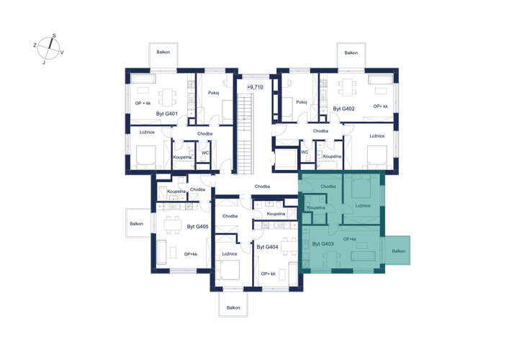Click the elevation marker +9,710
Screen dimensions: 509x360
tap(255, 87)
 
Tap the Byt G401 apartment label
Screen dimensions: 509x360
tap(167, 114)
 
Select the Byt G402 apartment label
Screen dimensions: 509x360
tap(343, 109)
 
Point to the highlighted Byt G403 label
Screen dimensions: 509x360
tap(323, 244)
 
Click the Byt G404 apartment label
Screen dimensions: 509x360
tap(268, 247)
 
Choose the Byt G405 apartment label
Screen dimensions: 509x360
tap(198, 227)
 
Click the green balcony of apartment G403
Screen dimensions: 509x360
tap(397, 251)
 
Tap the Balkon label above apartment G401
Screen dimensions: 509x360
tap(163, 52)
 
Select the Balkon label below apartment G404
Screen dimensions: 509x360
tap(233, 307)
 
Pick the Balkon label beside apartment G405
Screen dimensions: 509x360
tap(137, 224)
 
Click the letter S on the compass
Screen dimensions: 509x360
tap(54, 35)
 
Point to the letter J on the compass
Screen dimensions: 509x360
tap(44, 63)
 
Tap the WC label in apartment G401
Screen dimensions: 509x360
tap(205, 153)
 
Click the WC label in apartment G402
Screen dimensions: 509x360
tap(305, 152)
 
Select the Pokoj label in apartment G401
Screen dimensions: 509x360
tap(214, 93)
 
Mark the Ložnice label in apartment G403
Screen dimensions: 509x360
tap(363, 205)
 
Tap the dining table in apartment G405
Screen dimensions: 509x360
tap(172, 225)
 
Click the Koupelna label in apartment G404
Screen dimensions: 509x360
tap(276, 214)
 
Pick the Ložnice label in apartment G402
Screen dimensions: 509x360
tap(377, 136)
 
